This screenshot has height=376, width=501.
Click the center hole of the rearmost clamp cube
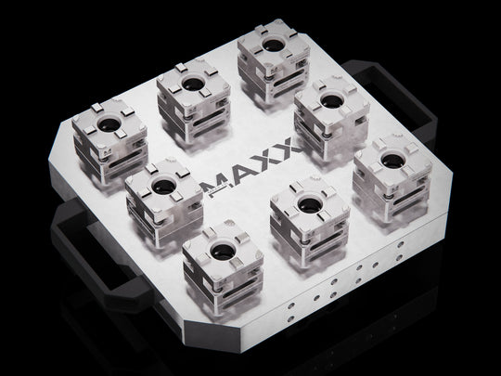[274, 44]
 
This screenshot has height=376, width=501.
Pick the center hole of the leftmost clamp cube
[109, 124]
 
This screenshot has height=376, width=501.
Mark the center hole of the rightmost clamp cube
[393, 161]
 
